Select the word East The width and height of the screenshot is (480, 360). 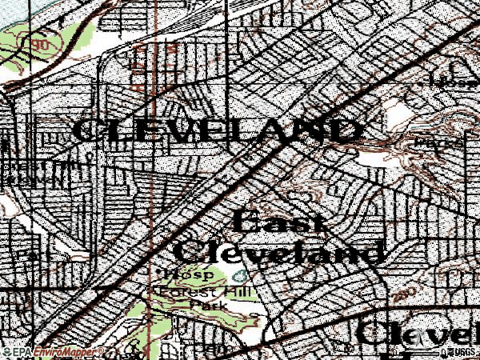281,222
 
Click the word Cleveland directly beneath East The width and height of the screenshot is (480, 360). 277,252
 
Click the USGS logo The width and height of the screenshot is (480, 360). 463,352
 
